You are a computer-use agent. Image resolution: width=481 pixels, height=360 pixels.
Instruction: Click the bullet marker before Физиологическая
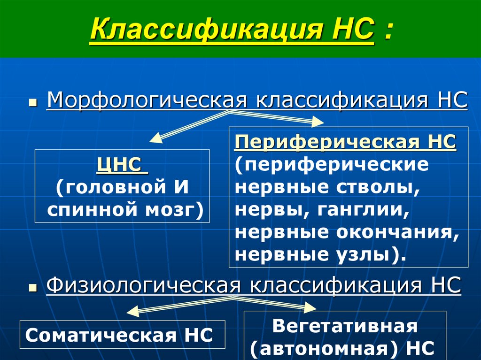coord(32,287)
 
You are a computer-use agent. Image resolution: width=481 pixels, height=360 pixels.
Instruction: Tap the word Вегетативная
coord(345,326)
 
